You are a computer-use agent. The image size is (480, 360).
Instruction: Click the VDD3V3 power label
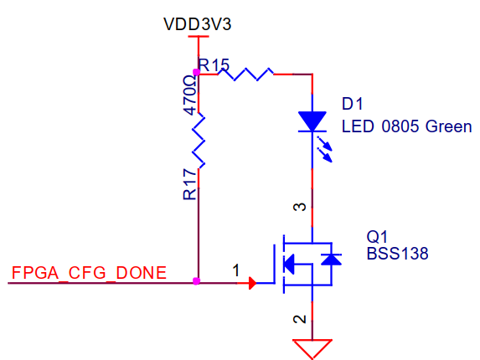(198, 24)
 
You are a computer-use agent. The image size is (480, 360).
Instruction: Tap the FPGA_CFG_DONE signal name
(89, 273)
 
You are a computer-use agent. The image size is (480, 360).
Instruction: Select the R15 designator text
(214, 64)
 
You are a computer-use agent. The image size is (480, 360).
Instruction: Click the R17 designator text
(189, 185)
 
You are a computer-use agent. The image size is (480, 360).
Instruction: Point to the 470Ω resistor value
(190, 95)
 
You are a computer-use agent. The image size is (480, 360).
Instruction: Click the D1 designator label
(352, 104)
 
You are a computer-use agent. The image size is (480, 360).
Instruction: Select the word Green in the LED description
(448, 126)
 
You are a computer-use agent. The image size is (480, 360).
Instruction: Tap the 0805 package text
(400, 126)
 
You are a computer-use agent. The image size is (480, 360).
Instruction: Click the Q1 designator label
(377, 237)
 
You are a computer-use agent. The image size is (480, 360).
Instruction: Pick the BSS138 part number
(397, 254)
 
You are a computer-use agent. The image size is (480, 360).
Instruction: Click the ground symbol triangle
(312, 349)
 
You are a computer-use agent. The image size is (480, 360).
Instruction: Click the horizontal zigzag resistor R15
(245, 75)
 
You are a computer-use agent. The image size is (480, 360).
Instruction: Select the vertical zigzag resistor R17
(199, 141)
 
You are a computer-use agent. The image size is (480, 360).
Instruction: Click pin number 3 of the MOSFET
(300, 207)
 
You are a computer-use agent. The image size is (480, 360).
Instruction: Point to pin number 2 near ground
(300, 319)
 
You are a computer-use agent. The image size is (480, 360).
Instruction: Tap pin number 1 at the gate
(235, 270)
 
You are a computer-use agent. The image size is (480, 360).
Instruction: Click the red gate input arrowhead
(252, 283)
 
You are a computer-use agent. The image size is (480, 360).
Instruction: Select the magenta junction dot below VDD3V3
(197, 73)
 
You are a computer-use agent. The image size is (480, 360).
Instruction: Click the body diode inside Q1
(332, 260)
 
